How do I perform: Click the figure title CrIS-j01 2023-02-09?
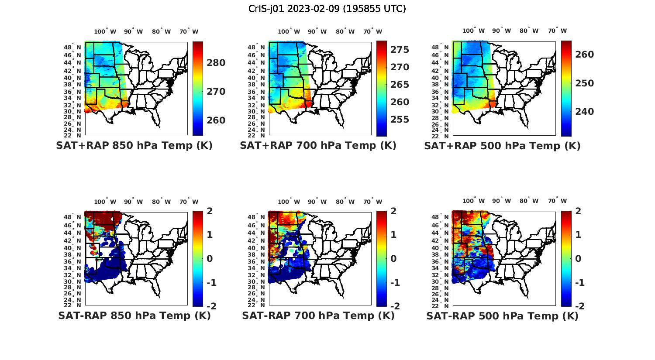tap(327, 9)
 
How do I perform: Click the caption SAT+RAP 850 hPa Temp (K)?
tap(134, 145)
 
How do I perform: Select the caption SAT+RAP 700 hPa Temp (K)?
tap(318, 145)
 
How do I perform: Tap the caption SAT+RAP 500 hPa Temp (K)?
tap(502, 145)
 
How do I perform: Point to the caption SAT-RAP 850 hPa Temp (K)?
tap(134, 315)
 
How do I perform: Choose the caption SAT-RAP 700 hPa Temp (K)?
tap(318, 315)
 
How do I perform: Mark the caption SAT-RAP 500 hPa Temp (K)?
tap(502, 315)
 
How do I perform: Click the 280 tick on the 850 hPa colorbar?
tap(216, 63)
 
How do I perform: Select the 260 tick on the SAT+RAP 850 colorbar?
tap(216, 120)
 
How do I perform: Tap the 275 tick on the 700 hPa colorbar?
tap(400, 50)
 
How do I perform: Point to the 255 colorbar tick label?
tap(400, 120)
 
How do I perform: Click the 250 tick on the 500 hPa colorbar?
tap(585, 83)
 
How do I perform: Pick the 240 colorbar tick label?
tap(585, 112)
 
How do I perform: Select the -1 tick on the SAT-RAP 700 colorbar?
tap(395, 283)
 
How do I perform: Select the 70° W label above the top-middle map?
tap(373, 31)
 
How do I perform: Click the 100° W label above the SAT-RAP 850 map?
tap(105, 202)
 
